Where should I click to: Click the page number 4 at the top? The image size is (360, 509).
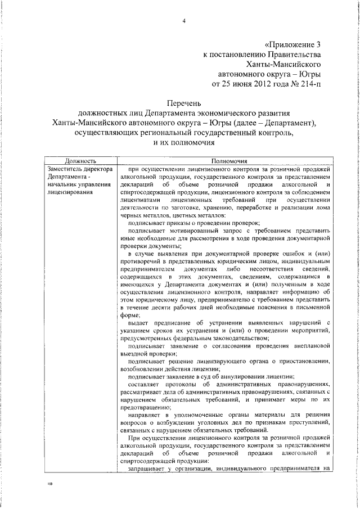click(x=183, y=21)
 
